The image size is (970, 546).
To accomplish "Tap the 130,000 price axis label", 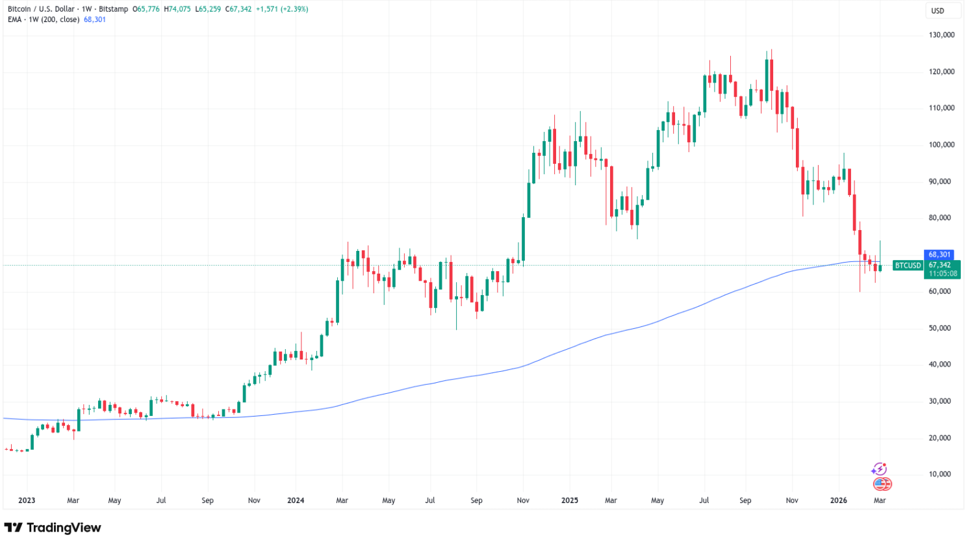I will (941, 35).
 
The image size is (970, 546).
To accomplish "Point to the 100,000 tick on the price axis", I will (941, 145).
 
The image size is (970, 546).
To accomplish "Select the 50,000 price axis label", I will (941, 328).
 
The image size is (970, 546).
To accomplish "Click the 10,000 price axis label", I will (941, 474).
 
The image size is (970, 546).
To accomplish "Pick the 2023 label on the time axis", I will (27, 500).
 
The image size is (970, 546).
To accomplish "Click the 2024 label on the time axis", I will (296, 500).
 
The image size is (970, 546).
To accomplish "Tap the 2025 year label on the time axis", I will (569, 500).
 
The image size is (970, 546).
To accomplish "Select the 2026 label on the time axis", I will (839, 500).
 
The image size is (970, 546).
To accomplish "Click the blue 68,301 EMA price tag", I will (939, 255).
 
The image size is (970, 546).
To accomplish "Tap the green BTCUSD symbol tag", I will (908, 265).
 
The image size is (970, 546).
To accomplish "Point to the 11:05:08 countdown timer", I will (943, 274).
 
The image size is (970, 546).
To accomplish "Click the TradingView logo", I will (53, 528).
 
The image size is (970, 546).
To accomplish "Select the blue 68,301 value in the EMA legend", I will (95, 19).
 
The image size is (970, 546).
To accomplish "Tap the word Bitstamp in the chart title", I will (112, 9).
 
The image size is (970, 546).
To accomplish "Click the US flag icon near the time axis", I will (882, 484).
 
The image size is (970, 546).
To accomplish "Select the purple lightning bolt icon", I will (879, 469).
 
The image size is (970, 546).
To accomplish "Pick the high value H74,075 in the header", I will (177, 9).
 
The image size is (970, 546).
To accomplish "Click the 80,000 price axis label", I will (941, 218).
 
